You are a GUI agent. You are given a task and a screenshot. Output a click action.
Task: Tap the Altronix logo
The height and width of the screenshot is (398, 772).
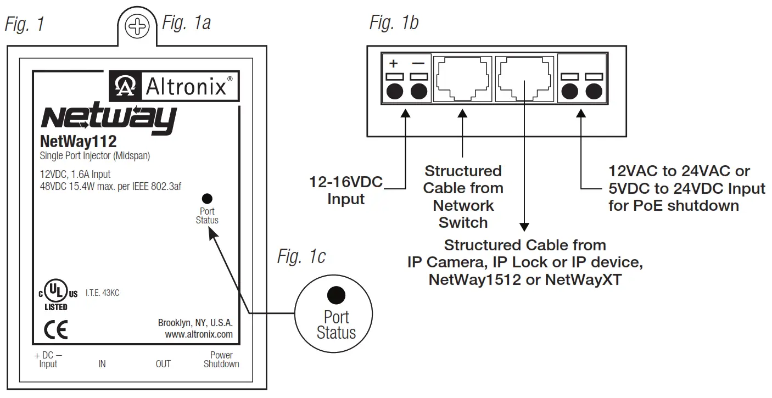[174, 86]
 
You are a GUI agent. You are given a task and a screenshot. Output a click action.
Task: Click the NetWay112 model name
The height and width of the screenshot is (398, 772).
[78, 142]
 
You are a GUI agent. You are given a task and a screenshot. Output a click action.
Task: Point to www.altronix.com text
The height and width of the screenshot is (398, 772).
[199, 334]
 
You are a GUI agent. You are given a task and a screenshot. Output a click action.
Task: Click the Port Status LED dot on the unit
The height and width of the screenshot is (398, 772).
[207, 199]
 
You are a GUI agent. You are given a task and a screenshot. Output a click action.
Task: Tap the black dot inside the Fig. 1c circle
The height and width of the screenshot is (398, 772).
[336, 295]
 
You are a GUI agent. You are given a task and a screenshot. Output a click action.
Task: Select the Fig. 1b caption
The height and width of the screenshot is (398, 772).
[394, 23]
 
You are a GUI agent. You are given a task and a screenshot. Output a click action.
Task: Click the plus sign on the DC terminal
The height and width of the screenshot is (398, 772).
[393, 64]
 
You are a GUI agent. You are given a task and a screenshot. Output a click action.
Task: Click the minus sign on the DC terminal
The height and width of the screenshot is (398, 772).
[418, 64]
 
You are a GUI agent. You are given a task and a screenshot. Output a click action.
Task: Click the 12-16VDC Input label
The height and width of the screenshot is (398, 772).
[346, 191]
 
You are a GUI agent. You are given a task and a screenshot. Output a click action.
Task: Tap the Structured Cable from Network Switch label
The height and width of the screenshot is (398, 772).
[463, 197]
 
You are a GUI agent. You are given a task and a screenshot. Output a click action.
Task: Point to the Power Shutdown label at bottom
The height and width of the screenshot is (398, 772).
[221, 360]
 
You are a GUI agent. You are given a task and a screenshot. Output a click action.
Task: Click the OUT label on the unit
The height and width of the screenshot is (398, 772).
[163, 364]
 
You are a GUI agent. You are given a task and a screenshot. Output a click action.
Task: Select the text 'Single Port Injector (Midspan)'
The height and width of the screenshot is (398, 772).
[95, 156]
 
